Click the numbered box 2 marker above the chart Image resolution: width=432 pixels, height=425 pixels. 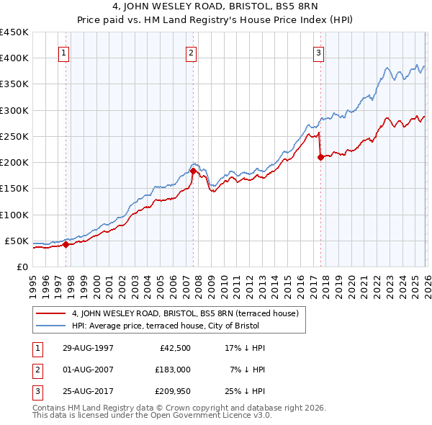point(192,52)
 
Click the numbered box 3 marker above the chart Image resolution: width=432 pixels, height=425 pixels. point(318,52)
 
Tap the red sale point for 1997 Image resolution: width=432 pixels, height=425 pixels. point(66,244)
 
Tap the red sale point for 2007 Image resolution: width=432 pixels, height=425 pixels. point(193,171)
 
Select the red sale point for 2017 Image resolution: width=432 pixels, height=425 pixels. point(320,158)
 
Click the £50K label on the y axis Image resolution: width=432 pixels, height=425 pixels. point(17,241)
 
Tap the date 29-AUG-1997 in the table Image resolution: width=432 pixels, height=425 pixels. point(88,348)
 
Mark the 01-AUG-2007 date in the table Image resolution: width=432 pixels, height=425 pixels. point(88,371)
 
